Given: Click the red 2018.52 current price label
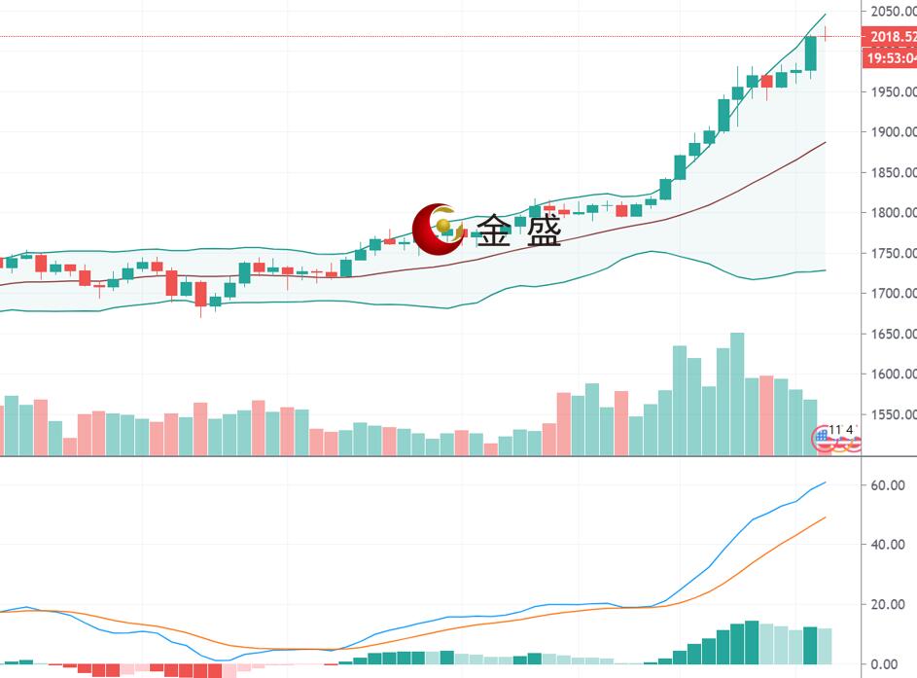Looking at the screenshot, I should click(891, 37).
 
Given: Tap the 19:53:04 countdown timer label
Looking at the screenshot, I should click(891, 58).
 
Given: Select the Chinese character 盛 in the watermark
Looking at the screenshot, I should click(544, 232).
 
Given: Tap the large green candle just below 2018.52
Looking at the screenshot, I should click(811, 54).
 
